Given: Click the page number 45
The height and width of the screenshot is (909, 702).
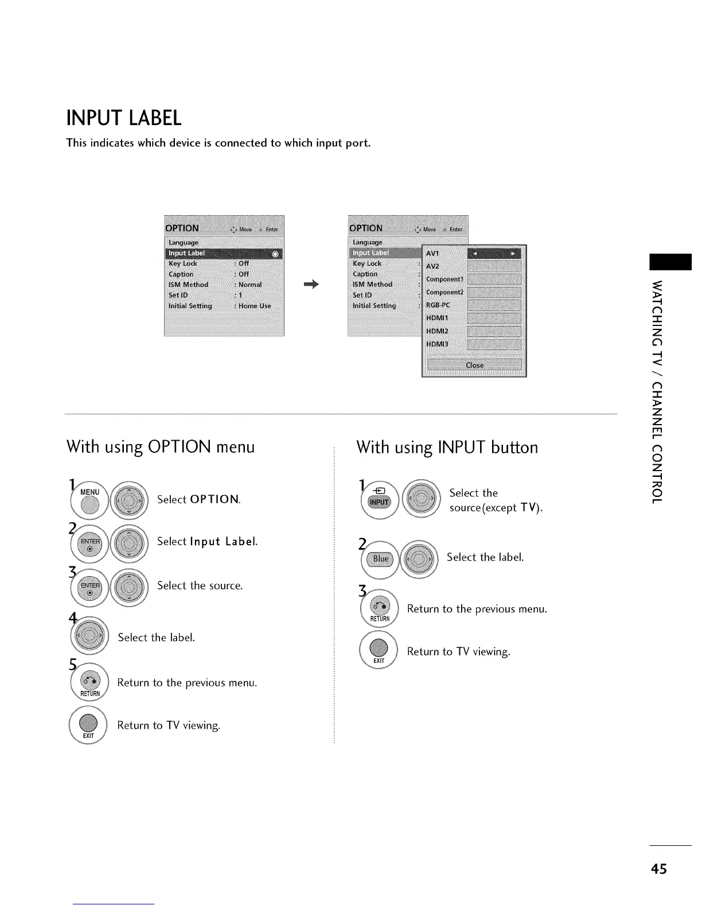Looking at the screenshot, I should click(x=659, y=869).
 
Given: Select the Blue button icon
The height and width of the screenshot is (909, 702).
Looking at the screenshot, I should click(x=380, y=559).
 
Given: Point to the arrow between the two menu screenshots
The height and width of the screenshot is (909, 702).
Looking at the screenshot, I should click(x=311, y=284).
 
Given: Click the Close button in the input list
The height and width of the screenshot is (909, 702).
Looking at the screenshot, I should click(x=474, y=365).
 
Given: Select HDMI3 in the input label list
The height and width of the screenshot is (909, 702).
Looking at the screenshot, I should click(x=437, y=344).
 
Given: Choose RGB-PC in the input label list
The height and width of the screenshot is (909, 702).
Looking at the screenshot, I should click(x=438, y=305).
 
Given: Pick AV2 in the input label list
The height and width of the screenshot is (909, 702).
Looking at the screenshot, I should click(x=432, y=266).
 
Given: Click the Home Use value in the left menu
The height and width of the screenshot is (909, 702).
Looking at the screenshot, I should click(x=255, y=306).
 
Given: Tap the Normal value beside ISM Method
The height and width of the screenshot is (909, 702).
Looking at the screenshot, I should click(x=250, y=285).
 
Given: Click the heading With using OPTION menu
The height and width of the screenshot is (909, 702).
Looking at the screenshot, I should click(x=161, y=446).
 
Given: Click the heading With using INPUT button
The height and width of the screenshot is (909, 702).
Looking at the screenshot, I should click(x=447, y=447).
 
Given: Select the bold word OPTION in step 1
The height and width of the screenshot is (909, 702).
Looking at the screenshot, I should click(x=214, y=499).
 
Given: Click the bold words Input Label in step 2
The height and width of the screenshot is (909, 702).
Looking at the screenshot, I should click(x=223, y=542).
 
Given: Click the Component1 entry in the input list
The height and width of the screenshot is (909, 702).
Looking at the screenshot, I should click(x=444, y=279).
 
